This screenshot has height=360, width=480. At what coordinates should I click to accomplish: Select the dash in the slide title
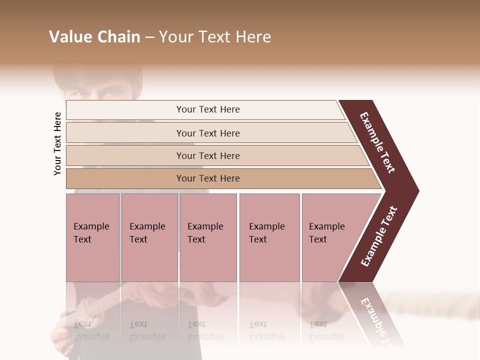149,37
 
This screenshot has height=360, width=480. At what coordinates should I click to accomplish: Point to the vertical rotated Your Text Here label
57,143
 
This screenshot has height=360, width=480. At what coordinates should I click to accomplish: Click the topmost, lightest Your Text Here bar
207,109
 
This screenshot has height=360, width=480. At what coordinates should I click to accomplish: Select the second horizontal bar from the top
207,133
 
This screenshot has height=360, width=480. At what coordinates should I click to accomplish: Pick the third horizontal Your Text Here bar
207,155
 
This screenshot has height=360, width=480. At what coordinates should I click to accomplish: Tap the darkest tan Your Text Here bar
207,178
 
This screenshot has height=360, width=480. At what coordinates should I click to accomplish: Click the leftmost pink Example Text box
92,237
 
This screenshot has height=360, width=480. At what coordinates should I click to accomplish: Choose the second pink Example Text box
149,237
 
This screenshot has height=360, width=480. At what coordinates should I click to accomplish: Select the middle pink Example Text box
208,237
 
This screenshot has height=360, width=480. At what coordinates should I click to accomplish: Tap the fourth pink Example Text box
269,237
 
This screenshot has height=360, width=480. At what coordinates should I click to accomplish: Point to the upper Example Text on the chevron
377,142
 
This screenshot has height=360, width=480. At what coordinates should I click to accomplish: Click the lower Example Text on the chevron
379,236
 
